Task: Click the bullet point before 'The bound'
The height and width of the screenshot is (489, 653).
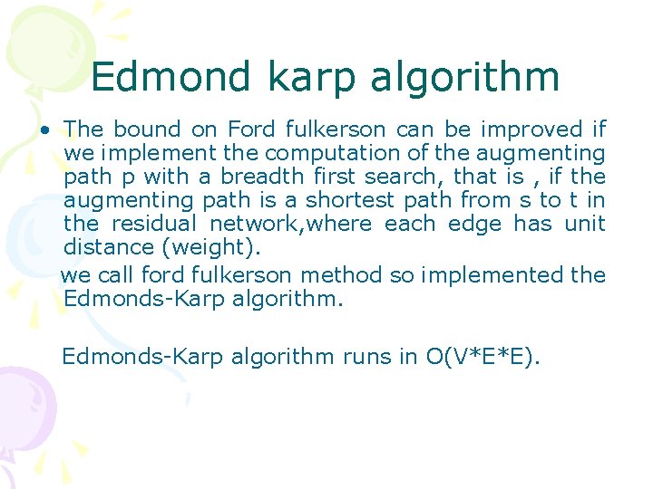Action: (44, 130)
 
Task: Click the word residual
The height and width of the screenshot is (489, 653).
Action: (155, 224)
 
